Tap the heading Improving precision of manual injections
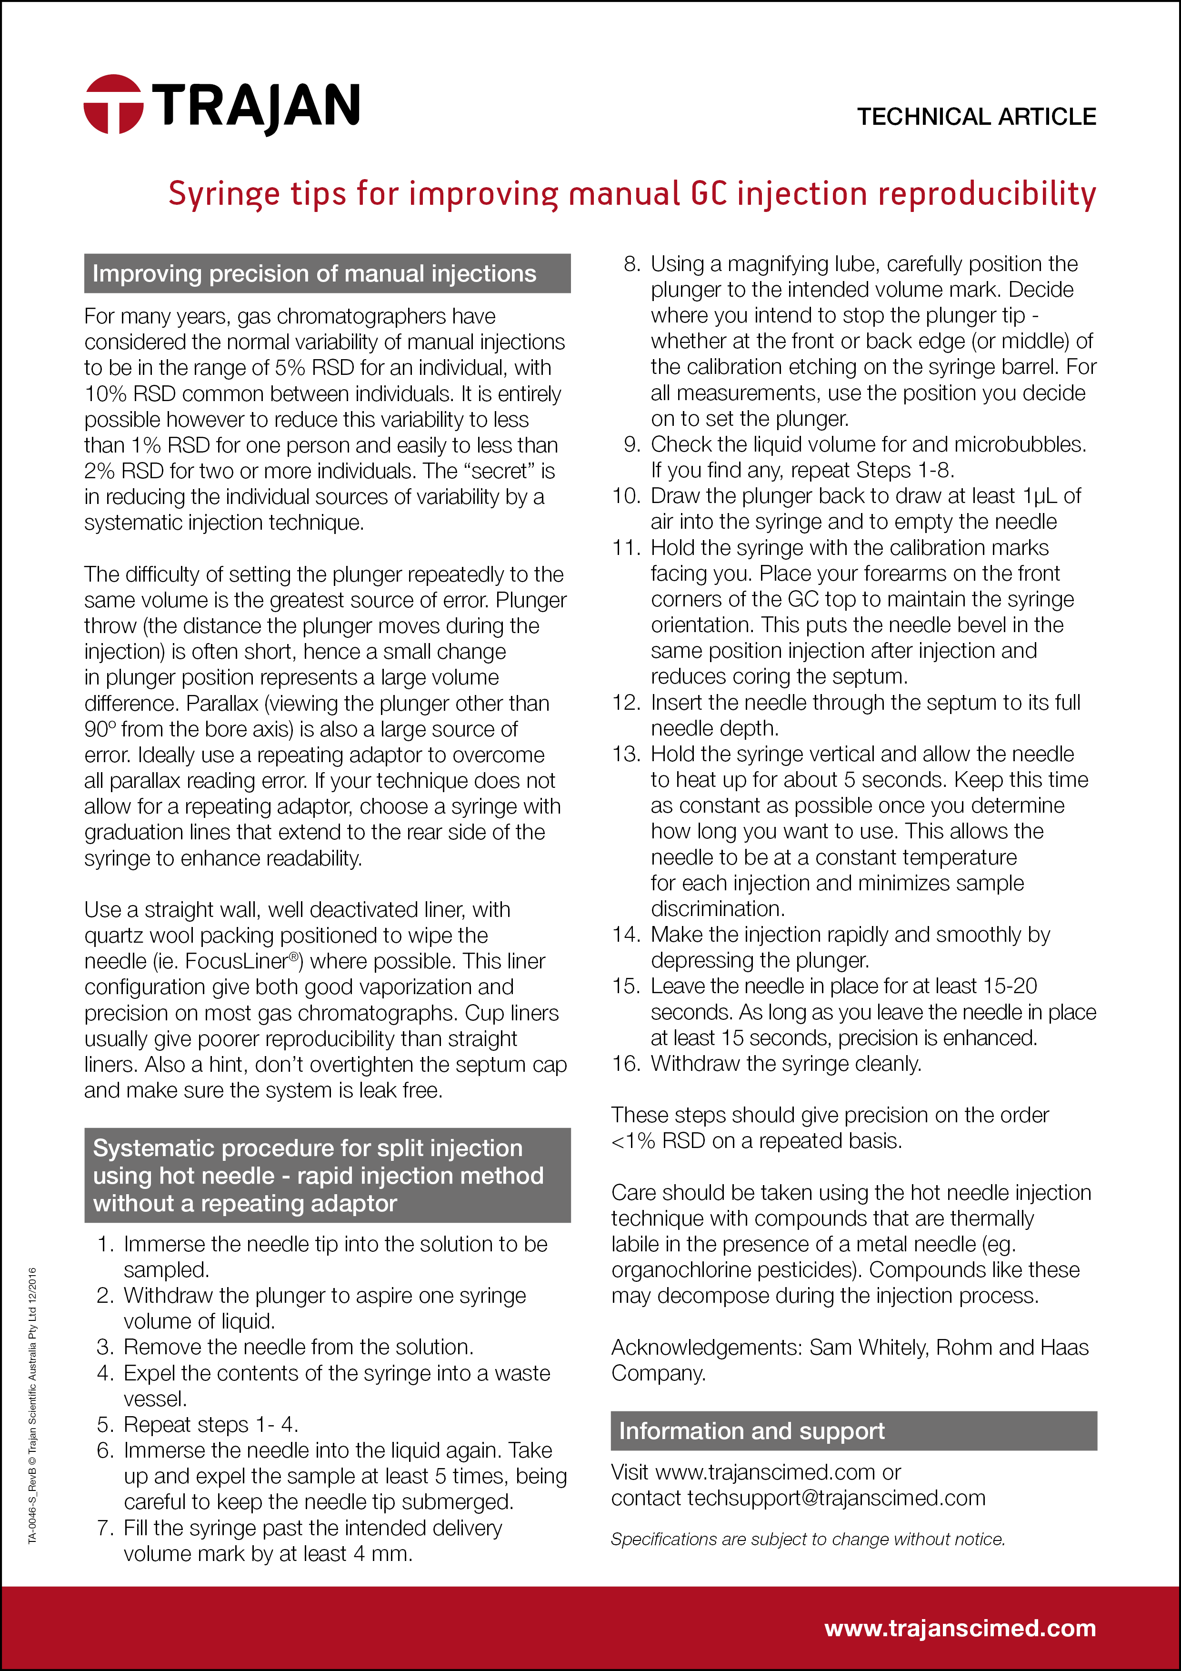coord(314,273)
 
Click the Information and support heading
coord(751,1431)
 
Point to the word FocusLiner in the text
coord(237,961)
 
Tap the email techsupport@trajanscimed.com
coord(836,1498)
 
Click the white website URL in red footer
coord(960,1628)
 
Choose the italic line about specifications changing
coord(808,1539)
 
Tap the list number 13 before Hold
coord(625,754)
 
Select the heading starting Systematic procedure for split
coord(318,1176)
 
